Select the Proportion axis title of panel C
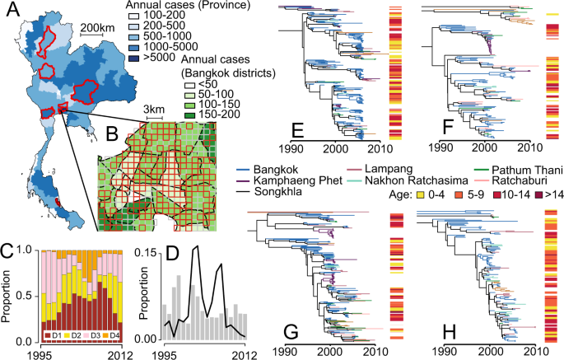[x=8, y=295]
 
